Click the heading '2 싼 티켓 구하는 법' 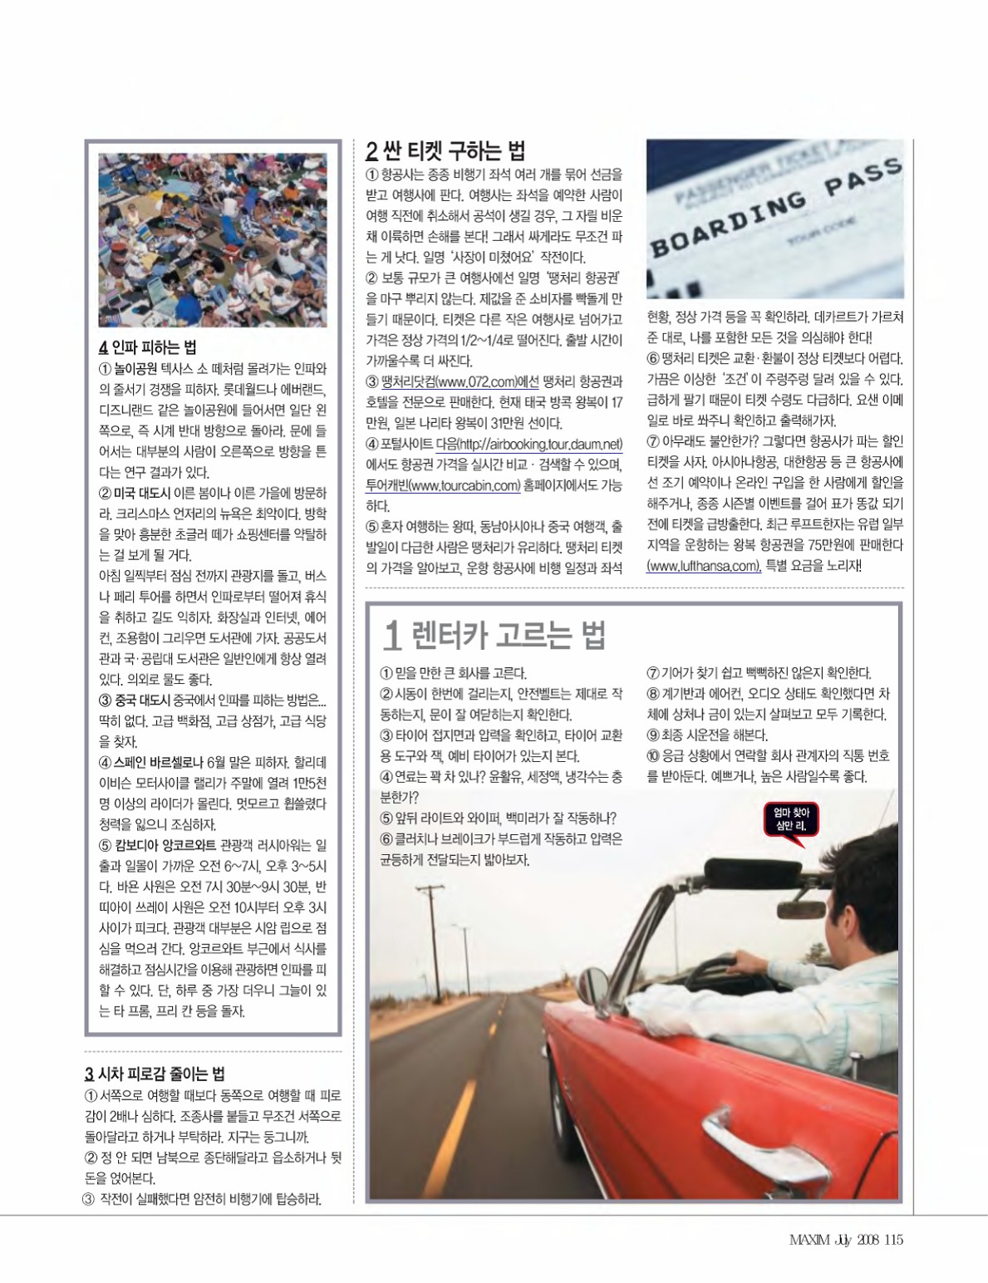tap(445, 151)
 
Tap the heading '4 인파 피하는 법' tap(148, 347)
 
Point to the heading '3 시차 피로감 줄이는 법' tap(155, 1073)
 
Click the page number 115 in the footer tap(893, 1240)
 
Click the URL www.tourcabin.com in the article tap(443, 485)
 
